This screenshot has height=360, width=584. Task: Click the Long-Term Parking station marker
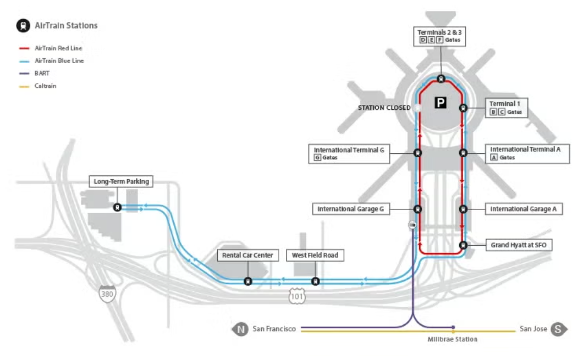[117, 207]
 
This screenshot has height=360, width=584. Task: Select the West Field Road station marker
[315, 281]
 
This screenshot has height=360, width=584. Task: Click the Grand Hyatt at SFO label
[519, 245]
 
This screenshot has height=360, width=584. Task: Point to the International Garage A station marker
[463, 209]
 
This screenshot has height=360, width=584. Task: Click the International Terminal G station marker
[417, 153]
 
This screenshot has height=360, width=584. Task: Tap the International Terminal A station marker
[463, 153]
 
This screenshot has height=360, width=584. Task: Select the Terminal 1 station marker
[463, 108]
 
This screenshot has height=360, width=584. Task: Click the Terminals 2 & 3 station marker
[440, 79]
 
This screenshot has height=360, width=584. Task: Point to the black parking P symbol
[440, 102]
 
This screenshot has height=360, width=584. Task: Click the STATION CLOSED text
[384, 108]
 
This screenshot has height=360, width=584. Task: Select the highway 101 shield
[297, 296]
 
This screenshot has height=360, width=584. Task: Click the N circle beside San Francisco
[240, 329]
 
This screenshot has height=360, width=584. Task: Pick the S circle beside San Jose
[559, 329]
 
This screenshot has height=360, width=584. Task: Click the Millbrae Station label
[453, 340]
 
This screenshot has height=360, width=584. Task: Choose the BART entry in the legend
[42, 73]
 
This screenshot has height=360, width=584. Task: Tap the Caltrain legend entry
[45, 86]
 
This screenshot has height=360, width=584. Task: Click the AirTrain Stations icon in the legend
[23, 25]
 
